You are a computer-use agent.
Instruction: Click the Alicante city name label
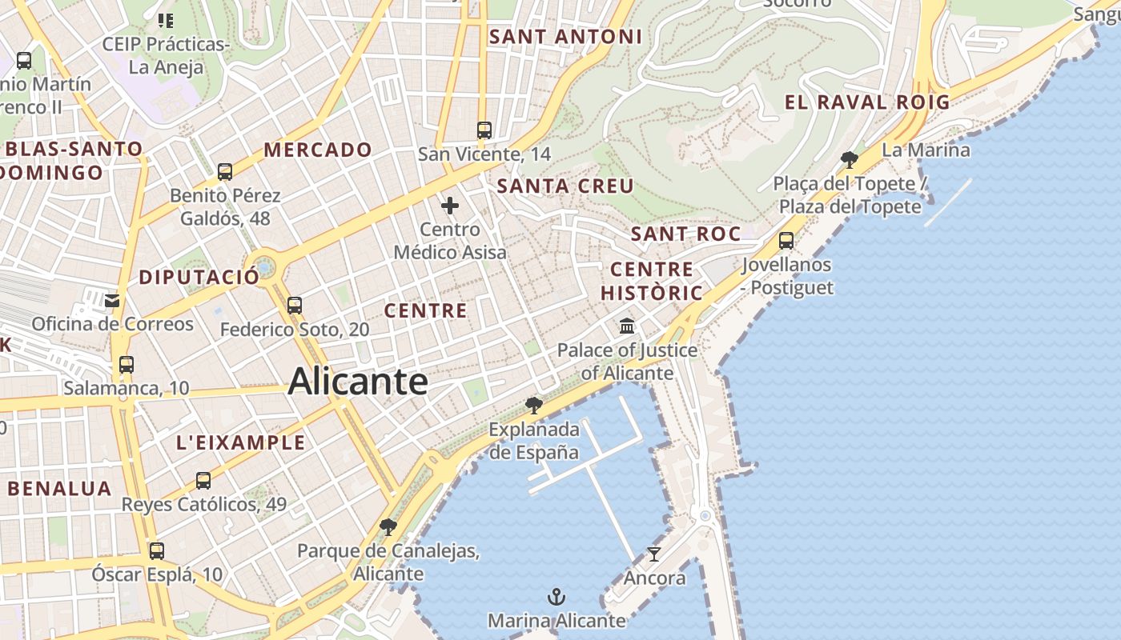(358, 382)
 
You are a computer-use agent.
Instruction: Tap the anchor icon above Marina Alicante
(556, 597)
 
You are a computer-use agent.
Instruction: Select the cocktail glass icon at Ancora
(654, 554)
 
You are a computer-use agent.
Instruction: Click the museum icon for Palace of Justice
(627, 326)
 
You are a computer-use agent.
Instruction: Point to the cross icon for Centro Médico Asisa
(450, 206)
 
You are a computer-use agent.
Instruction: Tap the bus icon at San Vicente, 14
(484, 130)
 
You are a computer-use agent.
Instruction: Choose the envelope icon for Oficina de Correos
(112, 301)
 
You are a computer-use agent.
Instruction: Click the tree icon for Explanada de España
(534, 406)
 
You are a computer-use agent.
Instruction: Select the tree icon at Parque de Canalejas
(388, 526)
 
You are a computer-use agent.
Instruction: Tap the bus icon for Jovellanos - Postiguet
(786, 240)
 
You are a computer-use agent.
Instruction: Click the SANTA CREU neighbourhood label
(565, 186)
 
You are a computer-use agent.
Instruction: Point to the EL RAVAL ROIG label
(867, 102)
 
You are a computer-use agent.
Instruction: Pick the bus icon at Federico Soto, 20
(295, 305)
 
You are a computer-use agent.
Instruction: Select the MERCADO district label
(318, 150)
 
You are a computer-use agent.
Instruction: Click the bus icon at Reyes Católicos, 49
(203, 480)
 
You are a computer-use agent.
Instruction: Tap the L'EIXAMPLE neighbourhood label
(240, 442)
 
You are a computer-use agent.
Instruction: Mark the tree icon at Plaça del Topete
(850, 159)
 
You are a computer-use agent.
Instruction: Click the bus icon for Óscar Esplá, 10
(157, 550)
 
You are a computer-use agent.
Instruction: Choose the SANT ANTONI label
(565, 37)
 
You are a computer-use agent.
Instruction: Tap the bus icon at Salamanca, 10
(127, 365)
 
